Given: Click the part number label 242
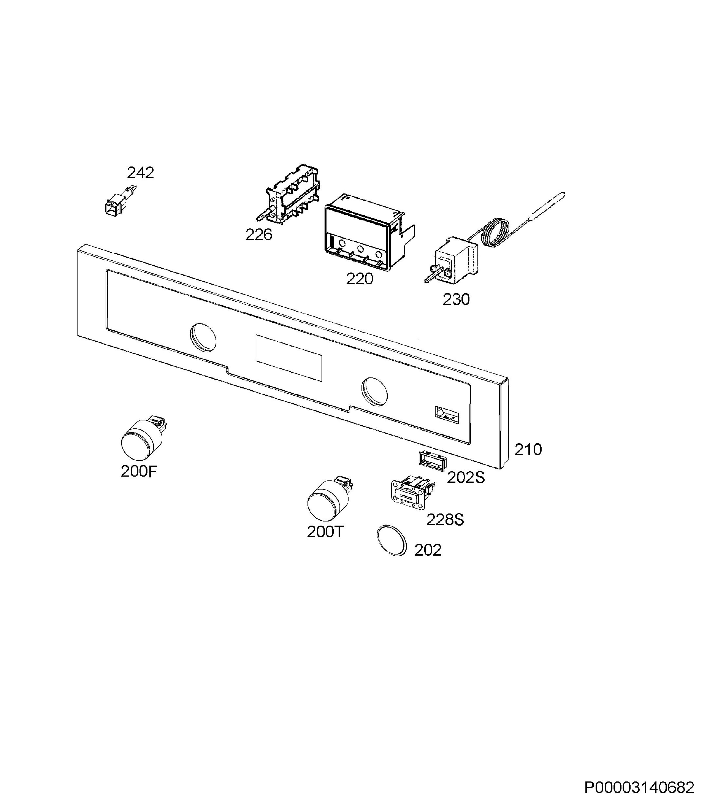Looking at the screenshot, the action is click(x=140, y=173).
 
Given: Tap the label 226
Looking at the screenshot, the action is click(x=258, y=235).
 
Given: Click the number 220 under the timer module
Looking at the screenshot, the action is click(x=360, y=279).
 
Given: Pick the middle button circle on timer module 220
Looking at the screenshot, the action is click(x=360, y=249).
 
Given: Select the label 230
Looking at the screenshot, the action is click(x=456, y=299).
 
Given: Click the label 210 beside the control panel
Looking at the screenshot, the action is click(x=528, y=449).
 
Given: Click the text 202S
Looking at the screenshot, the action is click(x=466, y=477).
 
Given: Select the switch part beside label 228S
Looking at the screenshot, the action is click(x=413, y=493).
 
